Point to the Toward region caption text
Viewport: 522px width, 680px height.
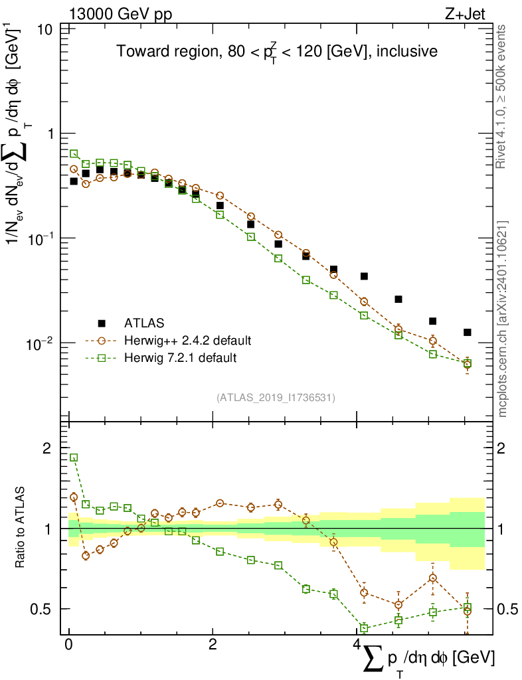coord(277,50)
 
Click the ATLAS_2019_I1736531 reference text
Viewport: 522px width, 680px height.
coord(276,398)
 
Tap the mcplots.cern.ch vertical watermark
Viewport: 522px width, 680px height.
coord(503,319)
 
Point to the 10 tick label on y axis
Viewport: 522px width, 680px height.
coord(46,29)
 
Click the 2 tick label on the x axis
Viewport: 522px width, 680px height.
coord(213,645)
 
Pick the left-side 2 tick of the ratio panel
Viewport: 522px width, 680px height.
coord(46,448)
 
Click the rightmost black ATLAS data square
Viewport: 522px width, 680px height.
coord(467,332)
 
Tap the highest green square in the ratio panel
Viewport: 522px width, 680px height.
coord(74,458)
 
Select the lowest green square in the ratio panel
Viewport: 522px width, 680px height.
coord(364,628)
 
